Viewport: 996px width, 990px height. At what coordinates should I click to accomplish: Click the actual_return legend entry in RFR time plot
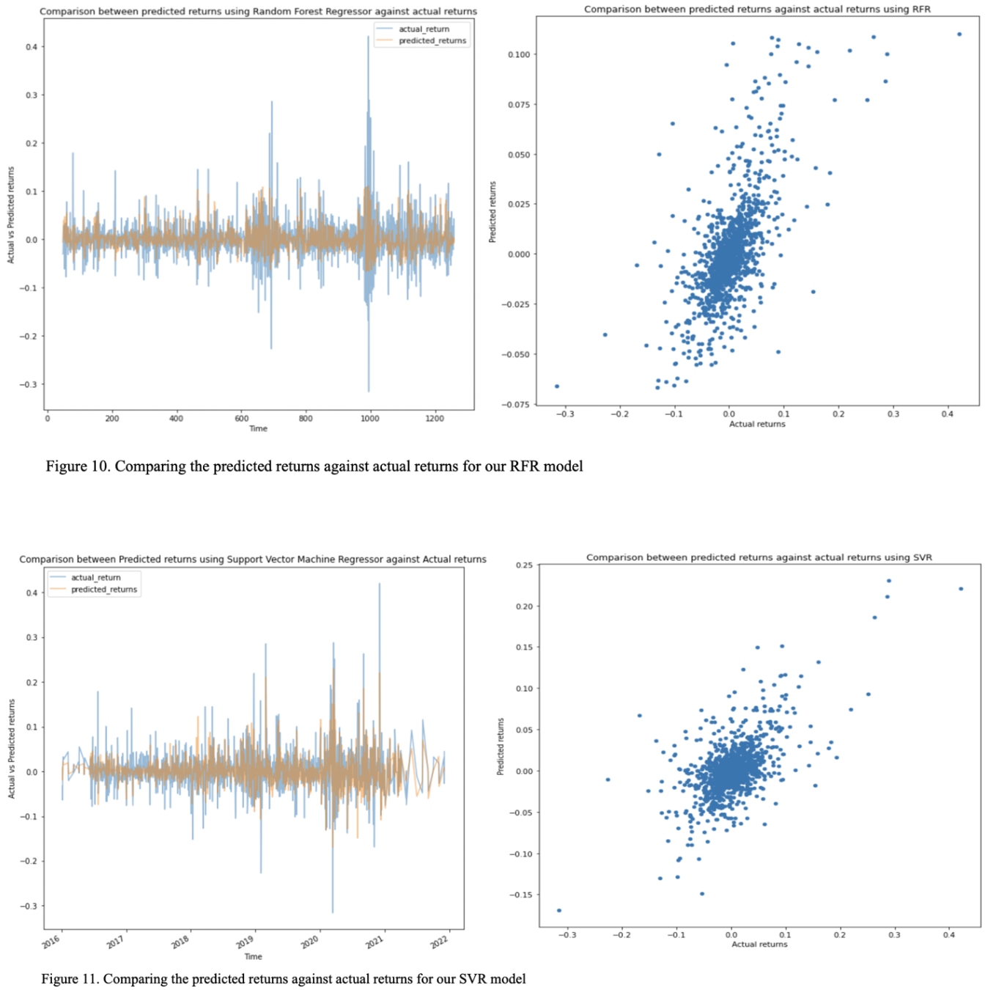click(424, 29)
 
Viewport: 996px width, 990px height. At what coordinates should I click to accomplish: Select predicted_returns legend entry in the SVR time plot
click(103, 590)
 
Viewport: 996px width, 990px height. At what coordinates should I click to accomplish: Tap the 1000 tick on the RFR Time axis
click(369, 419)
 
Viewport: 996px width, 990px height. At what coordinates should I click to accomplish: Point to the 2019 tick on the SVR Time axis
click(245, 941)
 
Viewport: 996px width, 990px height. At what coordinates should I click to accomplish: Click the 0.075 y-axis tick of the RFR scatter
click(519, 105)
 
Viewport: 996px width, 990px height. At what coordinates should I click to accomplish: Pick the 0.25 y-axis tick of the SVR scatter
click(524, 565)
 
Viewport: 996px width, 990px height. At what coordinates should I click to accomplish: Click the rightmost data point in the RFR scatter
click(959, 34)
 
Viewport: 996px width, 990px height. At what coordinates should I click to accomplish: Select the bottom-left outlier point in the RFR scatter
click(557, 386)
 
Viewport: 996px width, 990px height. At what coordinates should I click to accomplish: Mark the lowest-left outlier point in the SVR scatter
click(559, 911)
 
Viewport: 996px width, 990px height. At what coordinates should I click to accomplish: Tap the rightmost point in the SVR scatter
click(961, 589)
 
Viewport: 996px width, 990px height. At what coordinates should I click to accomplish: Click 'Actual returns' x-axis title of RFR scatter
click(757, 424)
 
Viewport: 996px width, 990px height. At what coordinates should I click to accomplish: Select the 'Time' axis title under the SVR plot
click(253, 956)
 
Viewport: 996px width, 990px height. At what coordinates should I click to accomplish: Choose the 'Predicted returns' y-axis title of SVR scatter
click(501, 747)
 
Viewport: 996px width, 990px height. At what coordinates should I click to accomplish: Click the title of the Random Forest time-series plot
click(258, 12)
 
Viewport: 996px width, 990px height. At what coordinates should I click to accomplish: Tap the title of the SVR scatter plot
click(759, 557)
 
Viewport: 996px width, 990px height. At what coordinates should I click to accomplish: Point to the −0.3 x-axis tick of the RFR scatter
click(564, 414)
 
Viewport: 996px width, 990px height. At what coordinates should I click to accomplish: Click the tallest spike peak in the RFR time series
click(368, 37)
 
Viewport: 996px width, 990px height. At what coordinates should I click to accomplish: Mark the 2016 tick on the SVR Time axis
click(51, 942)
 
